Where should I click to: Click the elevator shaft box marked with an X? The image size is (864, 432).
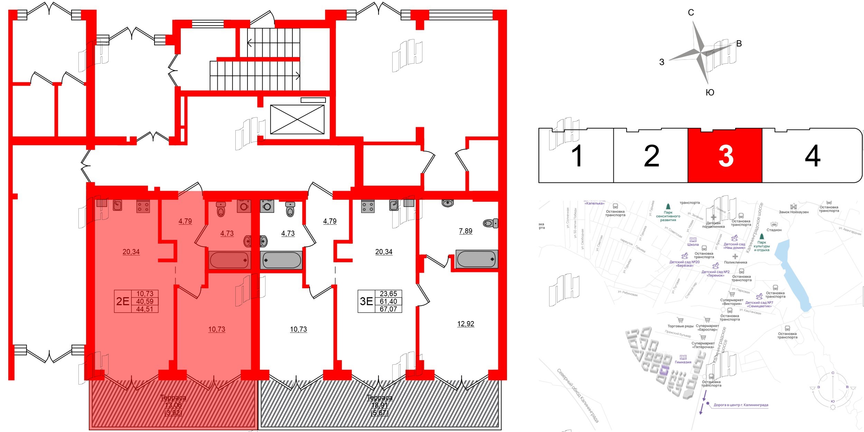pos(297,119)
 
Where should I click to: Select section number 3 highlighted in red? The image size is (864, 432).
pos(725,156)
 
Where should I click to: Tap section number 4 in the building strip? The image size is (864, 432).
pos(812,156)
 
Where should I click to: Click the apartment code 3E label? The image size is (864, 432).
pos(366,301)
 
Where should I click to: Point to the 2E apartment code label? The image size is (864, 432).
pos(123,301)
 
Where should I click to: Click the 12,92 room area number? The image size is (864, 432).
pos(466,324)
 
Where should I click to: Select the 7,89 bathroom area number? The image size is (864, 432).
pos(466,231)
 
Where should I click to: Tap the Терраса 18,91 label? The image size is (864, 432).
pos(379,405)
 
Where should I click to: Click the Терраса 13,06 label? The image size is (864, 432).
pos(173,405)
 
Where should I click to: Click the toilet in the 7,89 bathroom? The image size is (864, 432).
pos(490,223)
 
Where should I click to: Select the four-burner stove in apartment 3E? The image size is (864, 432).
pos(367,207)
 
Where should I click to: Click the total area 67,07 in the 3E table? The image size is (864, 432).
pos(388,309)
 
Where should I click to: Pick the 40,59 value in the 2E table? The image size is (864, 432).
pos(145,301)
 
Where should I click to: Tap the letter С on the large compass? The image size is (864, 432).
pos(691,13)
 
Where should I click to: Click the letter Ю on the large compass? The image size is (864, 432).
pos(710,92)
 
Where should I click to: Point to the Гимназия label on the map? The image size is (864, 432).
pos(683,362)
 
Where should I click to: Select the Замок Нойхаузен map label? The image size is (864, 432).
pos(793,212)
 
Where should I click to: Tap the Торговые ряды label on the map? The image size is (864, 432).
pos(680,326)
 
